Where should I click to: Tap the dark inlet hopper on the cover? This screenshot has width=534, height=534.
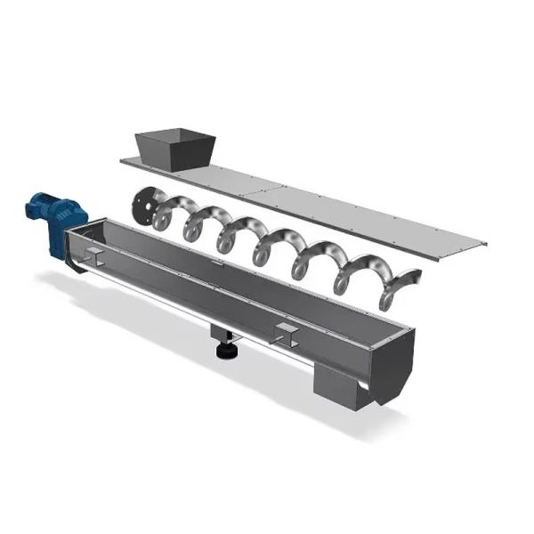coord(174,149)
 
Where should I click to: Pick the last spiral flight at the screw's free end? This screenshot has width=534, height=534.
coord(396,289)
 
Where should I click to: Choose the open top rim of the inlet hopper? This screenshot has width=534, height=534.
coord(174,134)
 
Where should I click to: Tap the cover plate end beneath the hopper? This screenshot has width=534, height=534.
coord(133,162)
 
